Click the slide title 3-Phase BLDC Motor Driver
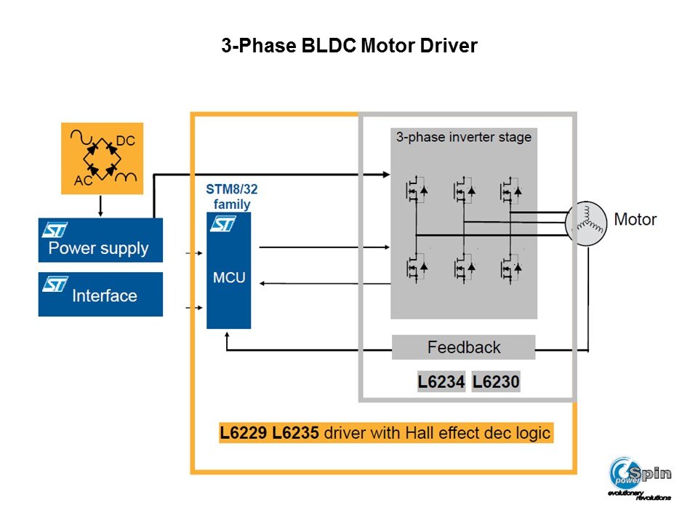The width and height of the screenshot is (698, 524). pos(349,47)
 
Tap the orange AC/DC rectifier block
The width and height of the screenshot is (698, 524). pos(102,158)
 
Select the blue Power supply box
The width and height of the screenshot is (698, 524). pos(100,240)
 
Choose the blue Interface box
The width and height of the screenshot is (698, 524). pos(100,294)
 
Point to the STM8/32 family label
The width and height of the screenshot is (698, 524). pos(231,197)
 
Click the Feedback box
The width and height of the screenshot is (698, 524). pos(464,347)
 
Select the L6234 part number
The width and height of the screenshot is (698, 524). pos(441,382)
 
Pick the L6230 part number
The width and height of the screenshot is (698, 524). pos(496,382)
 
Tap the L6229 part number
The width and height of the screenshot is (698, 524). pos(244,433)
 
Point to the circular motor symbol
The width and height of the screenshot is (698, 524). pos(586,223)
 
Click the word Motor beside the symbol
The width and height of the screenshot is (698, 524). pos(635,219)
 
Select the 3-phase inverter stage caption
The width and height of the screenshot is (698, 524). pos(464,137)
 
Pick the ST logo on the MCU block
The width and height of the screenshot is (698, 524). pos(223,224)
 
